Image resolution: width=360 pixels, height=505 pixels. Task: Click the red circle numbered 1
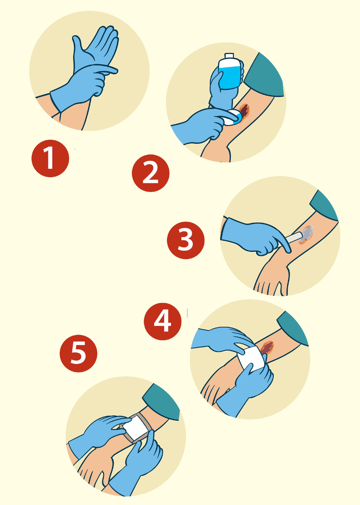[x=50, y=159]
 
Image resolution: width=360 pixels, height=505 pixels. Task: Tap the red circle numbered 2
[x=150, y=173]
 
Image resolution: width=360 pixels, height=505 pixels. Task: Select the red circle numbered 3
[x=186, y=240]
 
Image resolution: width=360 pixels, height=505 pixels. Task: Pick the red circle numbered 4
[x=163, y=322]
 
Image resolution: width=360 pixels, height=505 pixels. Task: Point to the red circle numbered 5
[x=78, y=353]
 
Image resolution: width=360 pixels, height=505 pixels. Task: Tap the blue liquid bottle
[x=229, y=72]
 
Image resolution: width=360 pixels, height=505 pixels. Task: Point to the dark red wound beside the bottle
[x=245, y=110]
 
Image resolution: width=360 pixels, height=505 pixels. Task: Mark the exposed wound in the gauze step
[x=267, y=348]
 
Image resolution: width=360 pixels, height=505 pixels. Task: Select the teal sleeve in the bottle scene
[x=264, y=75]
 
